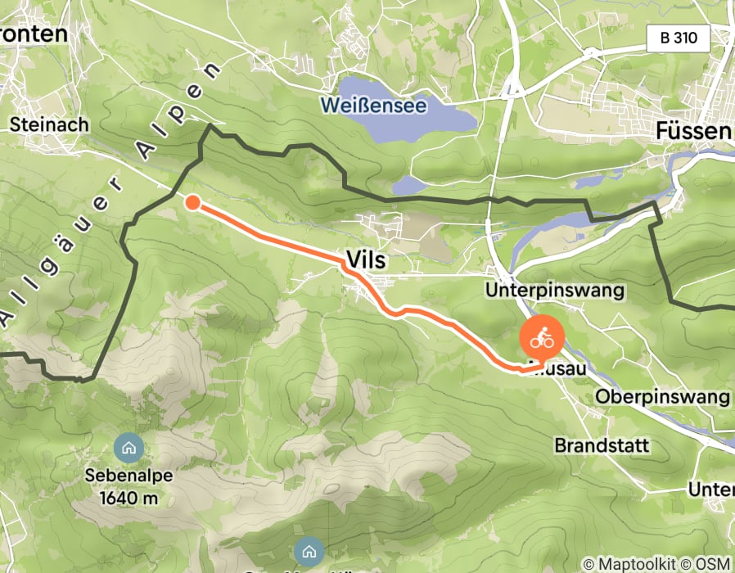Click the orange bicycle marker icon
(542, 336)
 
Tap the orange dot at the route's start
(192, 202)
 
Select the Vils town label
(366, 259)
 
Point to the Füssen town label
(693, 132)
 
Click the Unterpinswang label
(566, 290)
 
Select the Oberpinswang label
(663, 397)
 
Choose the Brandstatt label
(602, 446)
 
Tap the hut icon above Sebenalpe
(129, 448)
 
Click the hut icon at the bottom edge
(309, 550)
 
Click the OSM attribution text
(714, 564)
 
